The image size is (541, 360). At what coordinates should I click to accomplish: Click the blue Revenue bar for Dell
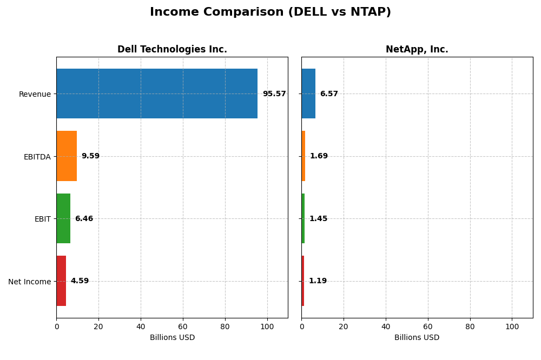[157, 94]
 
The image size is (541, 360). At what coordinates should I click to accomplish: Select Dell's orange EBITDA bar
[67, 156]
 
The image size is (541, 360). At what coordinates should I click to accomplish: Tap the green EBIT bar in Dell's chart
[63, 218]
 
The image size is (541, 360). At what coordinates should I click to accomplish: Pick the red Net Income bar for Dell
[61, 281]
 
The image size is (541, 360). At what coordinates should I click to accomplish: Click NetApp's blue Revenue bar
[308, 94]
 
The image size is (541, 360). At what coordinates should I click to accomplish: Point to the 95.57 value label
[274, 94]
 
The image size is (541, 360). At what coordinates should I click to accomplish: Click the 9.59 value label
[90, 156]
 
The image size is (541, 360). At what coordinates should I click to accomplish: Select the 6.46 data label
[84, 219]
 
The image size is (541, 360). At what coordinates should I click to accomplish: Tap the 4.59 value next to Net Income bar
[80, 281]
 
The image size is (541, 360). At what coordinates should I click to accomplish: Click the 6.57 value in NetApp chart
[329, 94]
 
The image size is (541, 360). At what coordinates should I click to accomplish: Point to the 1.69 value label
[319, 156]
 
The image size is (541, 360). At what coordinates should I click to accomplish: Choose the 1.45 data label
[318, 219]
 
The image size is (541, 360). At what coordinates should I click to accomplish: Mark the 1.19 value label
[318, 281]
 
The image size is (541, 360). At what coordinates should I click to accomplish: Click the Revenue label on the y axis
[35, 95]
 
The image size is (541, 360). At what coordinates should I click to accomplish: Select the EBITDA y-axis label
[37, 157]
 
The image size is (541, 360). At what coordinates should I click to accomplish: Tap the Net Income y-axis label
[29, 282]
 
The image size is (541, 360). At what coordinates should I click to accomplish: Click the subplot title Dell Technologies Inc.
[172, 50]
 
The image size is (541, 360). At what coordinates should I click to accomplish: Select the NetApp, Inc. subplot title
[417, 50]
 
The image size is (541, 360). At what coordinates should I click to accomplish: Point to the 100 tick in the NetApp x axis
[512, 326]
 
